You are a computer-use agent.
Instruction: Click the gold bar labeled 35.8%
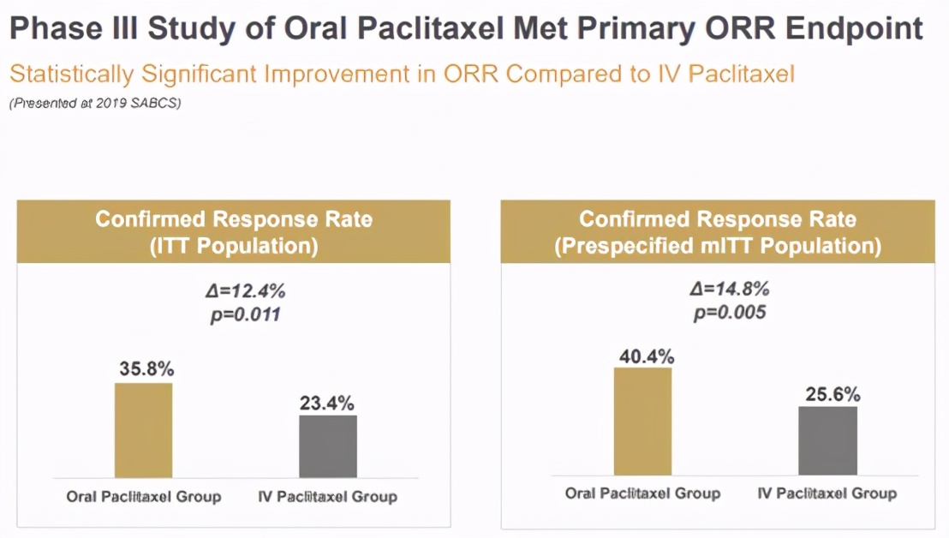click(144, 430)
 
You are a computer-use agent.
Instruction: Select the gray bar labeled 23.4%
click(328, 446)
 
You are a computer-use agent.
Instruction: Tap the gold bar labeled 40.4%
click(643, 421)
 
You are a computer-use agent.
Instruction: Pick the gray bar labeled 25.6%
click(827, 440)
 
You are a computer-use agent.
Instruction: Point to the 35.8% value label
click(146, 369)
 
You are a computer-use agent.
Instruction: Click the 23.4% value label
click(326, 403)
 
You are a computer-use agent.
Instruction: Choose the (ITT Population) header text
click(234, 246)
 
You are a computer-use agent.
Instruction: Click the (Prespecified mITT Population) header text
click(718, 246)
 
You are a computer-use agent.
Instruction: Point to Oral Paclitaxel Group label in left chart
click(144, 496)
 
